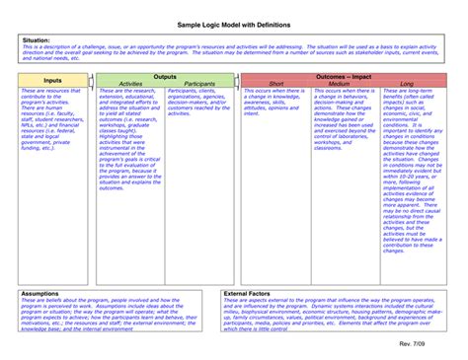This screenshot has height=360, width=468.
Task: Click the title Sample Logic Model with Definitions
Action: pos(233,22)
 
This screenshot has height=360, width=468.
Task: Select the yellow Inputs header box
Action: pos(52,80)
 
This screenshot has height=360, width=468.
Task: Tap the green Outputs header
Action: pos(166,76)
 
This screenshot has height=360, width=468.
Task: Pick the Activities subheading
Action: pos(130,84)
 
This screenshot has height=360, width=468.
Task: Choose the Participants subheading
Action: pos(199,84)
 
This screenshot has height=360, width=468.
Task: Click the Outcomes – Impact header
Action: pos(344,76)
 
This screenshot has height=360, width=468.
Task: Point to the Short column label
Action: pos(275,84)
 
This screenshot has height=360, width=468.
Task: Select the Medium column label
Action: pos(340,84)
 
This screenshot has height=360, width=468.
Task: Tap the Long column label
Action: pos(406,84)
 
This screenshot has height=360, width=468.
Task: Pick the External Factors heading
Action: pos(249,293)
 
